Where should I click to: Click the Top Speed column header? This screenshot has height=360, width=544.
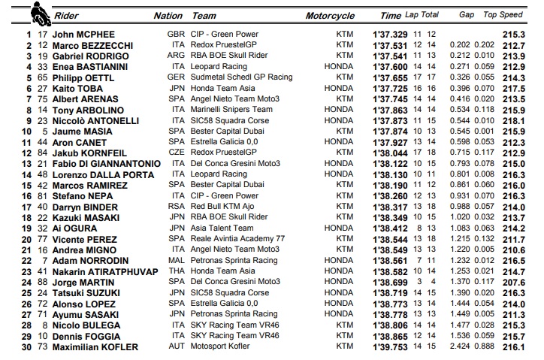click(521, 15)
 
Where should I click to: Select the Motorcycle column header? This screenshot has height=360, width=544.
click(330, 15)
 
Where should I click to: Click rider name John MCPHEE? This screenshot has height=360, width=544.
click(82, 34)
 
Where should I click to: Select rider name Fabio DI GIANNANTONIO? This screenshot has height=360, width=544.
click(106, 163)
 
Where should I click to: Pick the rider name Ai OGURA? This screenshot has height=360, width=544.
click(71, 228)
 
